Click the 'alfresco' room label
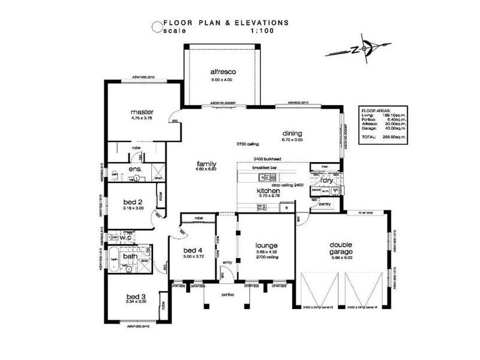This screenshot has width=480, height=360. click(223, 72)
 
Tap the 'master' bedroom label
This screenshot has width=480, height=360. click(142, 112)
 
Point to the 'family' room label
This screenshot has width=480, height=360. click(206, 163)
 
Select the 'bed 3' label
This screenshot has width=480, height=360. click(136, 296)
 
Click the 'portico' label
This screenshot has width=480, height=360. click(227, 295)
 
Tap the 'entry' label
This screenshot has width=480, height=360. click(227, 262)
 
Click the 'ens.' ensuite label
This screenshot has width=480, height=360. click(135, 170)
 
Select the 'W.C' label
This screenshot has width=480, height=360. click(126, 238)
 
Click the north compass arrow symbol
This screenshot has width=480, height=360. click(358, 48)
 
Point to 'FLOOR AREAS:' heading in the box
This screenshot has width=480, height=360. click(376, 111)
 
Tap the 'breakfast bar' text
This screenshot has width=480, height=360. click(264, 167)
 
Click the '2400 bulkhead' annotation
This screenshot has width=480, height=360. click(268, 158)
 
